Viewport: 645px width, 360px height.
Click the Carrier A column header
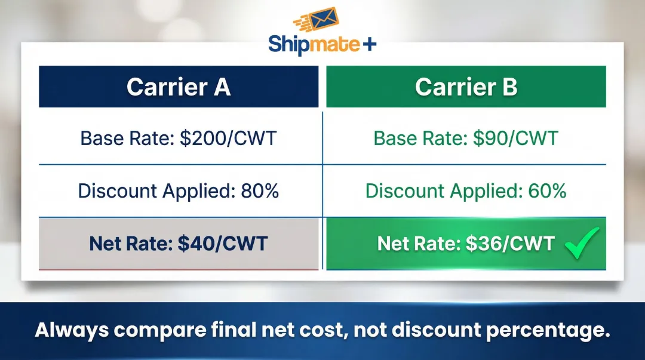click(179, 87)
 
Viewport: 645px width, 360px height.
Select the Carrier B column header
click(466, 87)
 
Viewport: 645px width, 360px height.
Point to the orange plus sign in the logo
click(370, 44)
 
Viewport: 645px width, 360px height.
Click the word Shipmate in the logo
click(314, 45)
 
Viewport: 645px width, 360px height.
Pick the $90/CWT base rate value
click(515, 139)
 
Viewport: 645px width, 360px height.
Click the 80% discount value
click(260, 191)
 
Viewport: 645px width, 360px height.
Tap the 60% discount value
click(547, 191)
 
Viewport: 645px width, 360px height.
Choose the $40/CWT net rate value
click(223, 244)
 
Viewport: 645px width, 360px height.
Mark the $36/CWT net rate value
click(510, 244)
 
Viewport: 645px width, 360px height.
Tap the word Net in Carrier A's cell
click(106, 244)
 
